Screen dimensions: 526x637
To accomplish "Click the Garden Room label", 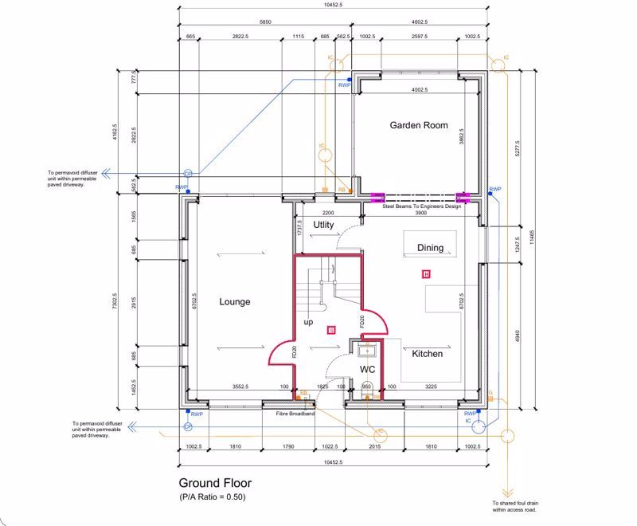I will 418,125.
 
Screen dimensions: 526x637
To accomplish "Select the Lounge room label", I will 235,302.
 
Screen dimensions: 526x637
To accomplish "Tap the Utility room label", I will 323,226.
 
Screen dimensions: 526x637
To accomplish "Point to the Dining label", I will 430,248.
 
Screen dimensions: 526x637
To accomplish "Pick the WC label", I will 367,370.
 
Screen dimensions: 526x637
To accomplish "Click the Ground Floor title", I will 215,483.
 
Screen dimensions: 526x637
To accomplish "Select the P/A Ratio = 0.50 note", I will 212,497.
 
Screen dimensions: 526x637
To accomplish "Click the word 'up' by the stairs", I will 308,322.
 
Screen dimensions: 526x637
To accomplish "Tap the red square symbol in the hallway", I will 332,328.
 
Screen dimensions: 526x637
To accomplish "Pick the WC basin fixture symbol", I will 367,349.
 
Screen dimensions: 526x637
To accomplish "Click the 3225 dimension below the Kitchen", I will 432,387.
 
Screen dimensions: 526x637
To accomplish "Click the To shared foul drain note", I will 519,507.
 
